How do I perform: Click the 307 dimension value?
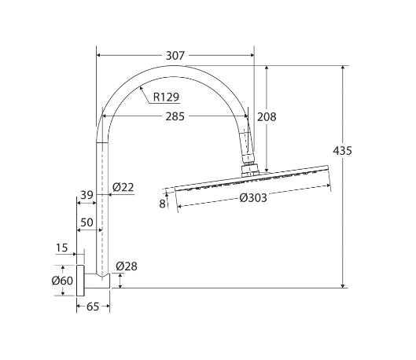pyautogui.click(x=175, y=56)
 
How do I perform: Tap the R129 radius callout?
pyautogui.click(x=166, y=97)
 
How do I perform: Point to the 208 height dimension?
pyautogui.click(x=267, y=117)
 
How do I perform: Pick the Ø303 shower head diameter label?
pyautogui.click(x=252, y=198)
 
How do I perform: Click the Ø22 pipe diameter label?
pyautogui.click(x=123, y=186)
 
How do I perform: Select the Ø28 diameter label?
pyautogui.click(x=126, y=267)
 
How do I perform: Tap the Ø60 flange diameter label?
pyautogui.click(x=62, y=281)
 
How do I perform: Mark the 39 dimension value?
pyautogui.click(x=87, y=194)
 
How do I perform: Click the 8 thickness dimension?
pyautogui.click(x=162, y=204)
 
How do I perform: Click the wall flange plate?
pyautogui.click(x=79, y=281)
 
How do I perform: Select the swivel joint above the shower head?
pyautogui.click(x=249, y=165)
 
